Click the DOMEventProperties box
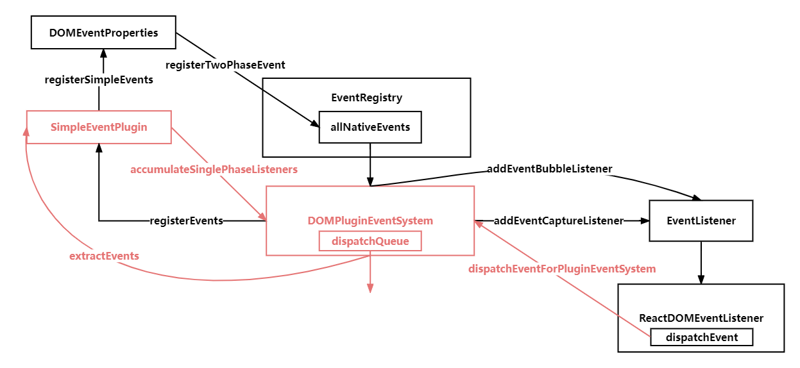tap(103, 33)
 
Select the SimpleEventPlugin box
tap(99, 127)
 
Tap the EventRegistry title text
tap(366, 98)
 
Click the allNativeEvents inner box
tap(370, 127)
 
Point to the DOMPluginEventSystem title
tap(370, 221)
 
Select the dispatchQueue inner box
tap(370, 241)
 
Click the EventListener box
tap(701, 221)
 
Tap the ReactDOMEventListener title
tap(701, 318)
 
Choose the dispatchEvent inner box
tap(701, 337)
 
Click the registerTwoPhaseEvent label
tap(225, 65)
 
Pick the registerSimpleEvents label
tap(99, 79)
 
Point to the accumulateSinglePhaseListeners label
tap(214, 170)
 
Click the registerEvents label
tap(186, 221)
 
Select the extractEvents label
tap(104, 256)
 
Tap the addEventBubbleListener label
tap(550, 169)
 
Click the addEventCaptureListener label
tap(559, 221)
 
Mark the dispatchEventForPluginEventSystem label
tap(562, 269)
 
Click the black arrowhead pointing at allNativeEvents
tap(314, 122)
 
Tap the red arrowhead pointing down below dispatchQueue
tap(370, 288)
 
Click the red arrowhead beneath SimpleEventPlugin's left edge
tap(26, 131)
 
